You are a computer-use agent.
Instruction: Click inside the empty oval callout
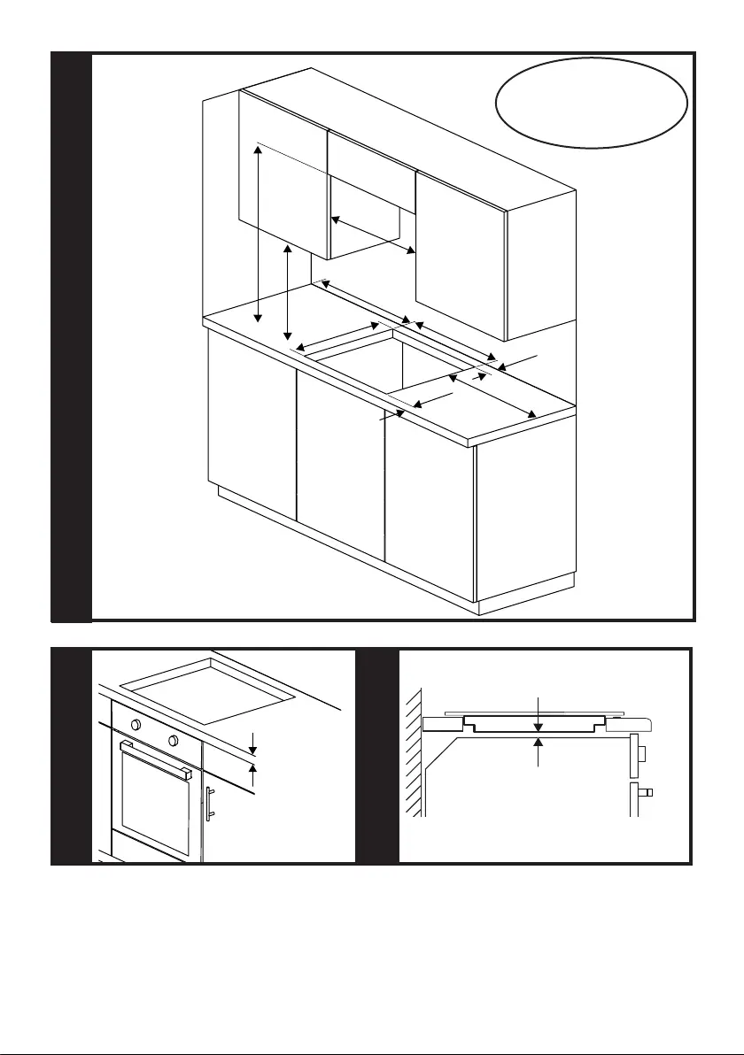[x=592, y=103]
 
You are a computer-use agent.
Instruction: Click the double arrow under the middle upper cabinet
[x=373, y=235]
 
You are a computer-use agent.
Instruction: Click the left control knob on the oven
[x=136, y=725]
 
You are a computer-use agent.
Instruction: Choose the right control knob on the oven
[x=172, y=740]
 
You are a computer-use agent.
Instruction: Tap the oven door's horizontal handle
[x=156, y=759]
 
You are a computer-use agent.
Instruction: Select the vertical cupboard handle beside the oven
[x=210, y=803]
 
